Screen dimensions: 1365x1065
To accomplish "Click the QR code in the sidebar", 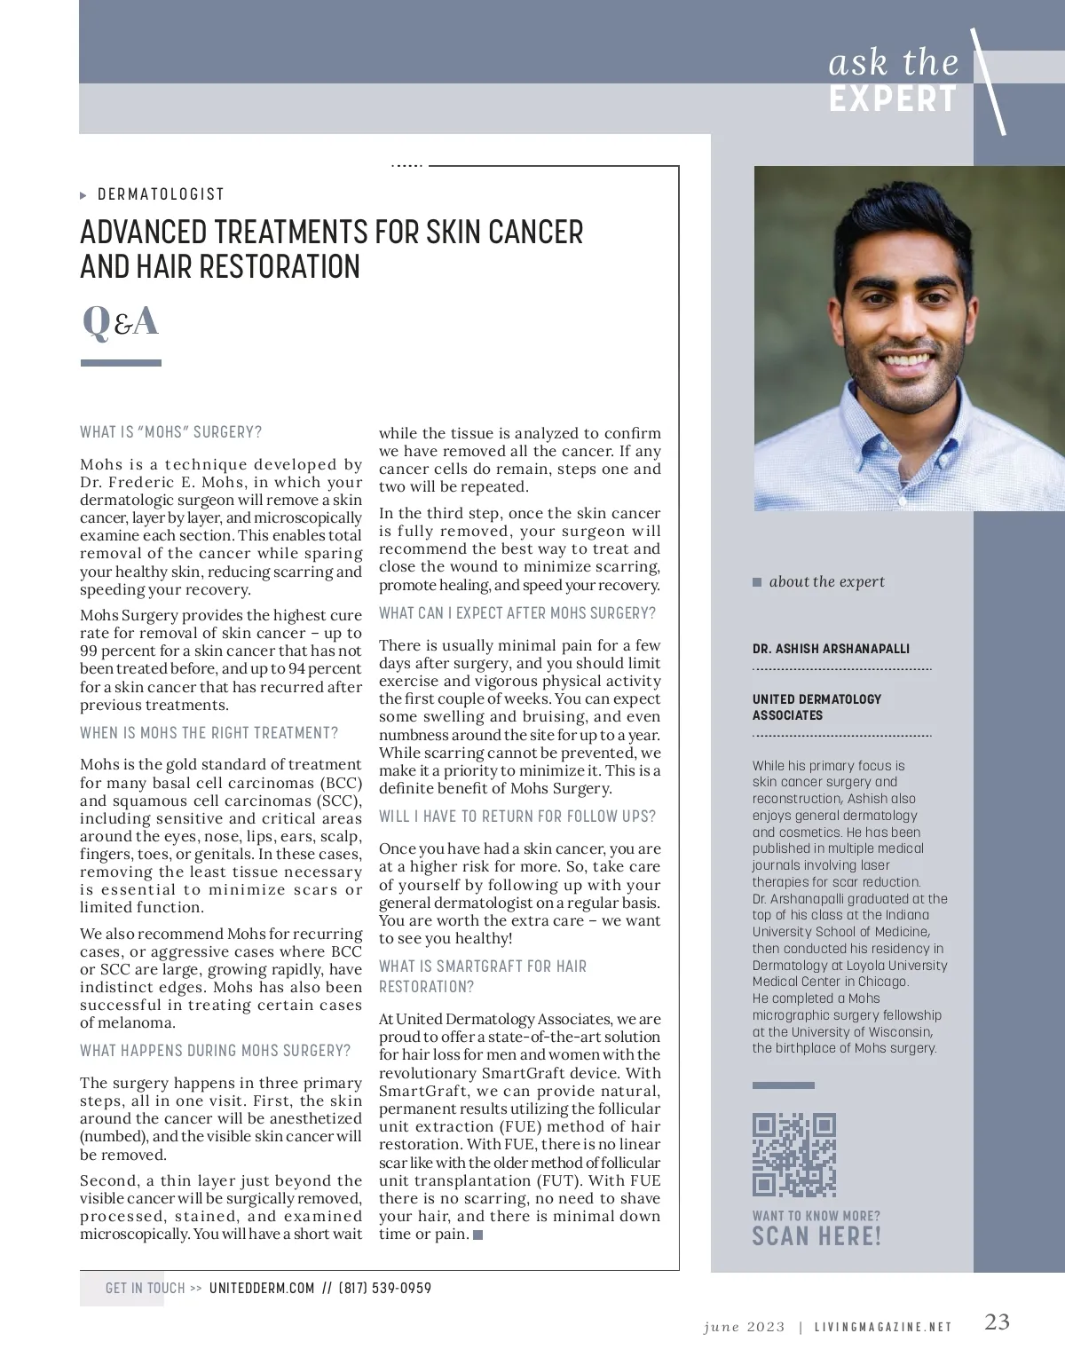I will click(794, 1155).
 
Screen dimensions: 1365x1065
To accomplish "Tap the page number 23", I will click(998, 1322).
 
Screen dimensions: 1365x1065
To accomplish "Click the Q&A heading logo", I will click(120, 321).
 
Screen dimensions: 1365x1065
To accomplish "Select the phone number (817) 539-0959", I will click(385, 1288).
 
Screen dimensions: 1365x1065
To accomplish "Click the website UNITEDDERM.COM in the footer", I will click(262, 1288).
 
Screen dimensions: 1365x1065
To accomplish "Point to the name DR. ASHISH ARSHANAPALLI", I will click(831, 649).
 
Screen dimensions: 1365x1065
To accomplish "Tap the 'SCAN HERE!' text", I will click(816, 1236).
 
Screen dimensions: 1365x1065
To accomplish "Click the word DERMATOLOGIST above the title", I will click(161, 194).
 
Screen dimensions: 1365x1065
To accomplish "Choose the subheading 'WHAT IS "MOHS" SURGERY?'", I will click(171, 432).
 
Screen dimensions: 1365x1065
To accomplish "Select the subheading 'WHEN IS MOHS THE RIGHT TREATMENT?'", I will click(209, 733).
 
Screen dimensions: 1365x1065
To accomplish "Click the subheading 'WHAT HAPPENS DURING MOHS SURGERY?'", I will click(216, 1051).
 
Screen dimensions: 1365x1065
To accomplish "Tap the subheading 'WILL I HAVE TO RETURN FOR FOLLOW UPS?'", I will click(518, 817).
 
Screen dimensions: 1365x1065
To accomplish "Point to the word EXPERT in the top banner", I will click(893, 99).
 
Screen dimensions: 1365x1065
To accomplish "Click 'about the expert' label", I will click(826, 582).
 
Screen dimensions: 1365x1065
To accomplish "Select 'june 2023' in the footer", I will click(744, 1327).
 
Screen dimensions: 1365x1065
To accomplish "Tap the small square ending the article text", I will click(478, 1235).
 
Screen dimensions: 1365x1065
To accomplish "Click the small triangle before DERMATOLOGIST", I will click(83, 195).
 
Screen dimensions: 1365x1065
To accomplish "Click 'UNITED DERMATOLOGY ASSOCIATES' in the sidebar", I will click(816, 707).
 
